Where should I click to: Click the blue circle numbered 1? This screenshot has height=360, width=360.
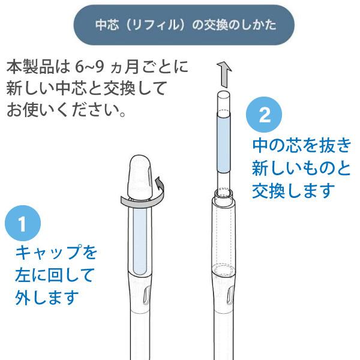pos(23,223)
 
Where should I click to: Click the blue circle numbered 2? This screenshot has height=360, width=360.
pos(264,115)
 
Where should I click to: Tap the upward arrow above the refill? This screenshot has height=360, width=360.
pos(224,74)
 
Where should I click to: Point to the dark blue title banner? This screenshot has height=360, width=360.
pos(184,25)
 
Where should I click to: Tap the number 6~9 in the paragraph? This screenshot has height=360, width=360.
pos(89,67)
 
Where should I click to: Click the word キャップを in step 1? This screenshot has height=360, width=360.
pos(56,252)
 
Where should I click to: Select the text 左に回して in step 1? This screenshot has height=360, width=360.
pos(55,275)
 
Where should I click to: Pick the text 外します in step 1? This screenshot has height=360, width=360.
pos(47,297)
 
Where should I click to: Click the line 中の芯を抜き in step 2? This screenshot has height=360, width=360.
pos(302,146)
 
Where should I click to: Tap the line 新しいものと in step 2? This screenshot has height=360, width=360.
pos(301,168)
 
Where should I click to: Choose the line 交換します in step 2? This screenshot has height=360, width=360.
pos(293,191)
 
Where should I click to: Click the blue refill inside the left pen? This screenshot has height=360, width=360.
pos(140,241)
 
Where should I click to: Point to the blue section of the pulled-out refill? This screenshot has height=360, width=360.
pos(224,144)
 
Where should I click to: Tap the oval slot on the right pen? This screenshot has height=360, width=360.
pos(230,296)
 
